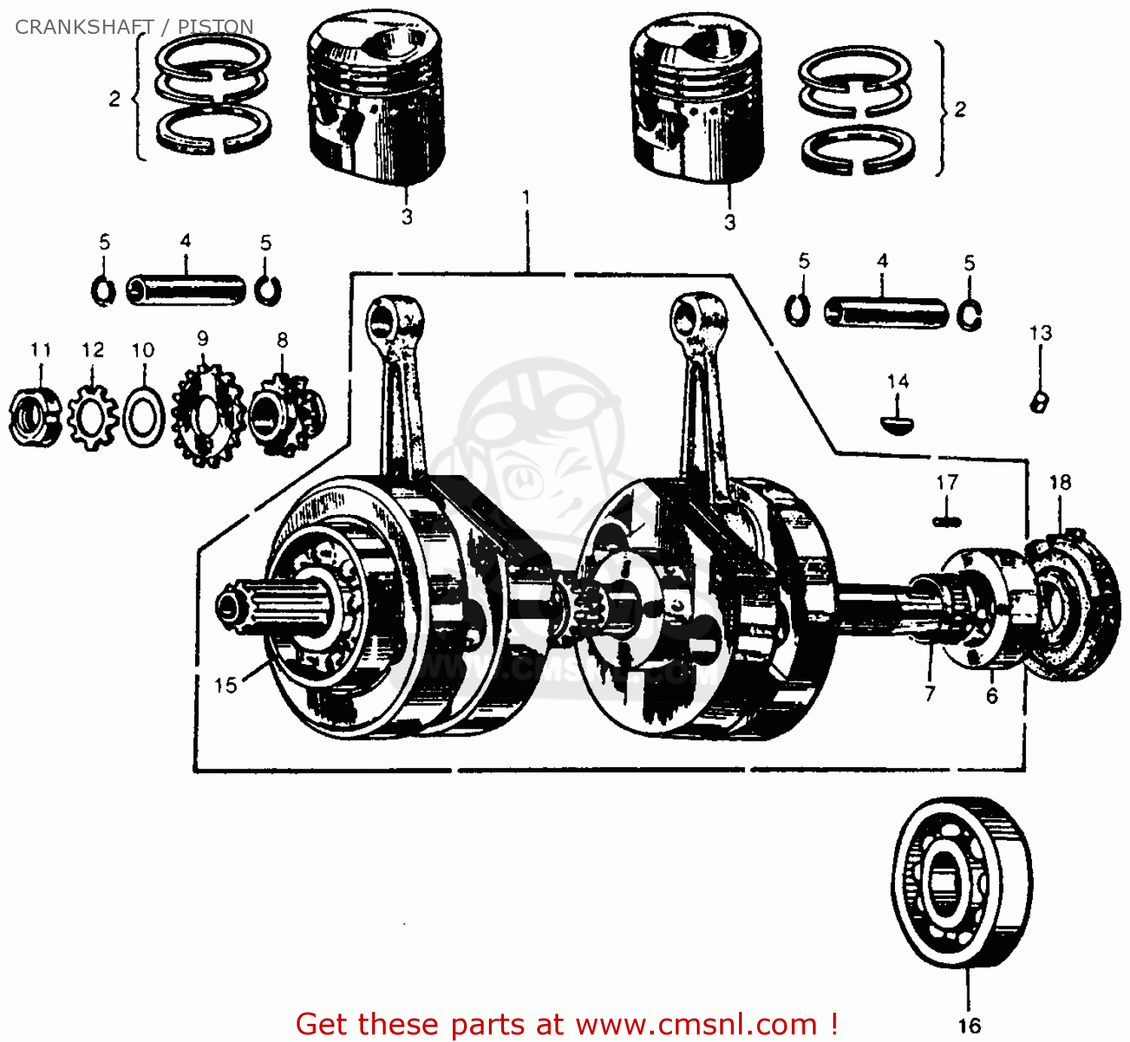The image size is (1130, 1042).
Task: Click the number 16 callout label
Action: pyautogui.click(x=969, y=1025)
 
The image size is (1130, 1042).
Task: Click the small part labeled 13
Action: pyautogui.click(x=1040, y=402)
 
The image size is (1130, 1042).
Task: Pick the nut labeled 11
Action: pyautogui.click(x=34, y=416)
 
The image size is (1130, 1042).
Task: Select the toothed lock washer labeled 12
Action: pyautogui.click(x=92, y=416)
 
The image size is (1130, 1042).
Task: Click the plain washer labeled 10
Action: pyautogui.click(x=143, y=416)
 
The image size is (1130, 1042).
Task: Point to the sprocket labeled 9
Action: pyautogui.click(x=206, y=416)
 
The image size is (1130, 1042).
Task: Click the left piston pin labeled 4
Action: pyautogui.click(x=185, y=290)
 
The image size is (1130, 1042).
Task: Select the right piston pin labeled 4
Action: pyautogui.click(x=885, y=312)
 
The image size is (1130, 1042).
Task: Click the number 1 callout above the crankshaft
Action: pyautogui.click(x=526, y=197)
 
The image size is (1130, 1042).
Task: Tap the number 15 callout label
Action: pyautogui.click(x=225, y=685)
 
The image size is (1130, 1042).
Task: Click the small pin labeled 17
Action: pyautogui.click(x=947, y=521)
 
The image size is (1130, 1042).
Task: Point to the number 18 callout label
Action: pyautogui.click(x=1060, y=483)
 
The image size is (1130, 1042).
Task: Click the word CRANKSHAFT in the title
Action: pyautogui.click(x=84, y=27)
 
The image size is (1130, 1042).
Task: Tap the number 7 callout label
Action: pyautogui.click(x=930, y=693)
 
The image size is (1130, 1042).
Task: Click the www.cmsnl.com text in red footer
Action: pyautogui.click(x=696, y=1025)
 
